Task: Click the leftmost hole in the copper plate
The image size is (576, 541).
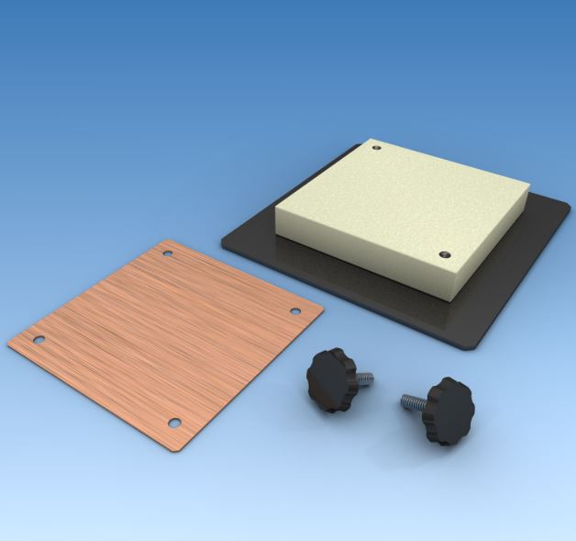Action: pos(39,340)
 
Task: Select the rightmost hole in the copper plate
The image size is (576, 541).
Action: pos(296,310)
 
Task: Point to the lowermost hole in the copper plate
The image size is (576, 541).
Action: pos(174,423)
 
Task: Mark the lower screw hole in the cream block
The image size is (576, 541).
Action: pos(446,254)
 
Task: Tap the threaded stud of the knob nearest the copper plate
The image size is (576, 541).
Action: pos(364,377)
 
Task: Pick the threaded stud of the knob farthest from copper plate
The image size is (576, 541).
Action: pos(412,400)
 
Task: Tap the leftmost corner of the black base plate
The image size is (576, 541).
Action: pos(225,242)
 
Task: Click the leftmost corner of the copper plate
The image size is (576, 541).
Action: pos(9,344)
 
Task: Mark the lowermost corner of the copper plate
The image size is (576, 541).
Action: pos(181,450)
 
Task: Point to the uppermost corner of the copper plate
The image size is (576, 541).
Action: pos(166,241)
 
